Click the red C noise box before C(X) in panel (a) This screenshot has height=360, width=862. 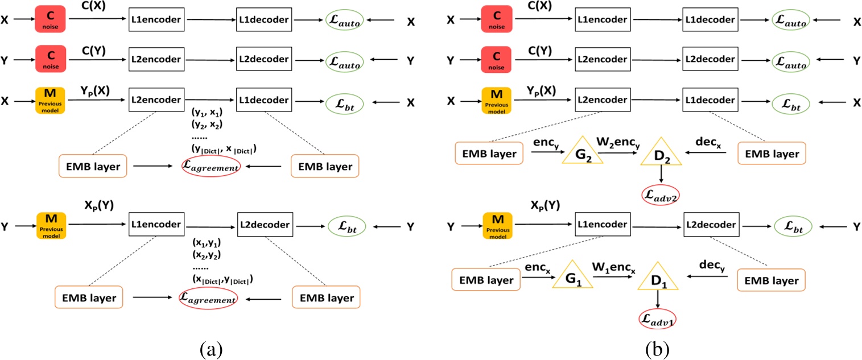[x=51, y=20]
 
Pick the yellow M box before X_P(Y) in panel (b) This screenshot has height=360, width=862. [x=497, y=226]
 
